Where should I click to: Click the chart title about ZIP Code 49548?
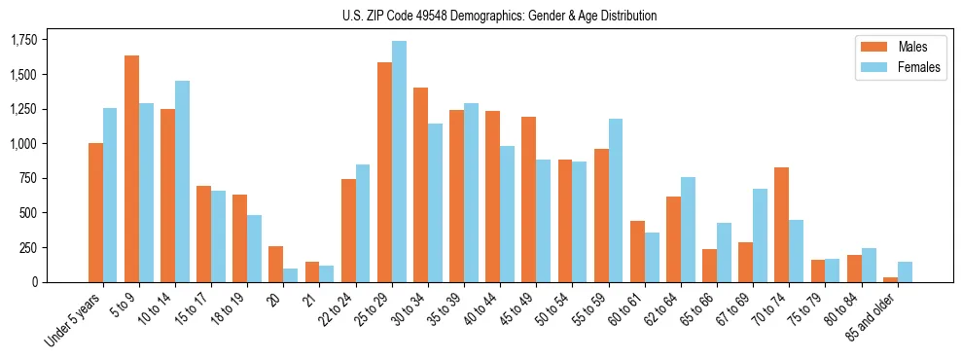(500, 16)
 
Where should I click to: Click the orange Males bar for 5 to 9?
(131, 168)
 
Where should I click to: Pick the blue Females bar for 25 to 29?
(399, 162)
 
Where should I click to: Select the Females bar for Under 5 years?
(110, 195)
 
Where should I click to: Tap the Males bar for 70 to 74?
(782, 225)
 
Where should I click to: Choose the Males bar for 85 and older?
(890, 279)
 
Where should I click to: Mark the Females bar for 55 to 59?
(615, 200)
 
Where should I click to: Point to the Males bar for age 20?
(275, 264)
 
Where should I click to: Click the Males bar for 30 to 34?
(420, 185)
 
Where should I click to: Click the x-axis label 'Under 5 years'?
(73, 320)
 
